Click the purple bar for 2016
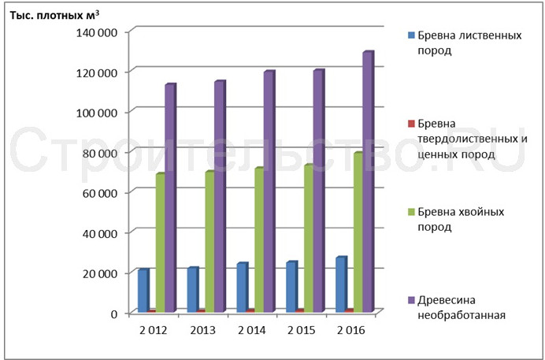(x=367, y=182)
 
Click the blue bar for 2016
(x=341, y=284)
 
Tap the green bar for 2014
(x=259, y=240)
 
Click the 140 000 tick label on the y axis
(x=97, y=32)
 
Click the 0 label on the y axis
(x=113, y=314)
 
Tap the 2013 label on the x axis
(x=202, y=329)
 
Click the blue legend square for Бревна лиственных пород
(x=410, y=35)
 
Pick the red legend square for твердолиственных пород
(x=410, y=124)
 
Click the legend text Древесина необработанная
(x=461, y=306)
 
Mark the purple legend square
(x=410, y=299)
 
